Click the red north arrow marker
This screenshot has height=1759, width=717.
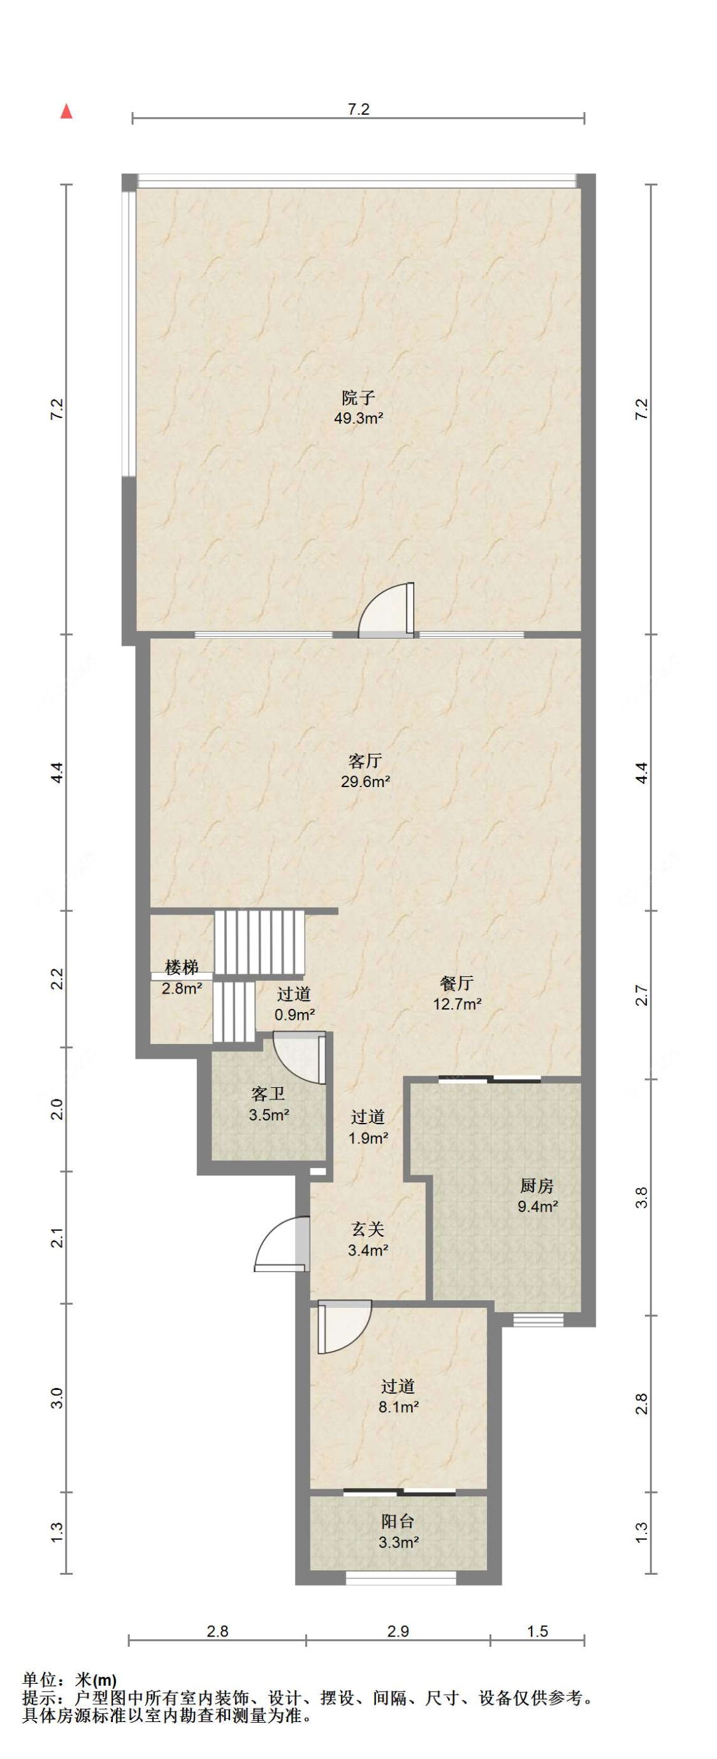click(66, 112)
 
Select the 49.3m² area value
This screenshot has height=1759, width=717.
click(358, 419)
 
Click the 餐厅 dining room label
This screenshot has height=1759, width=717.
click(457, 983)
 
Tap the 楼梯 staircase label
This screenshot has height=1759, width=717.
click(182, 967)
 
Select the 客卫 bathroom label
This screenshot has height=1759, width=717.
click(268, 1094)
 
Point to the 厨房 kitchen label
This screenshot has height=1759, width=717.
click(537, 1185)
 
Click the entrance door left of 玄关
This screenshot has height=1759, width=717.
click(282, 1244)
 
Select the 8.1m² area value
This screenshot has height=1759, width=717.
click(398, 1407)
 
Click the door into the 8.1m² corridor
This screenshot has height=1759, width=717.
click(344, 1326)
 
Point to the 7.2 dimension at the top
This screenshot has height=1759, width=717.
click(358, 109)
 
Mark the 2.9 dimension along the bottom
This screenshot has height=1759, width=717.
click(398, 1631)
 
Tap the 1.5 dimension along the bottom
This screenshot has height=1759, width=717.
click(537, 1631)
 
